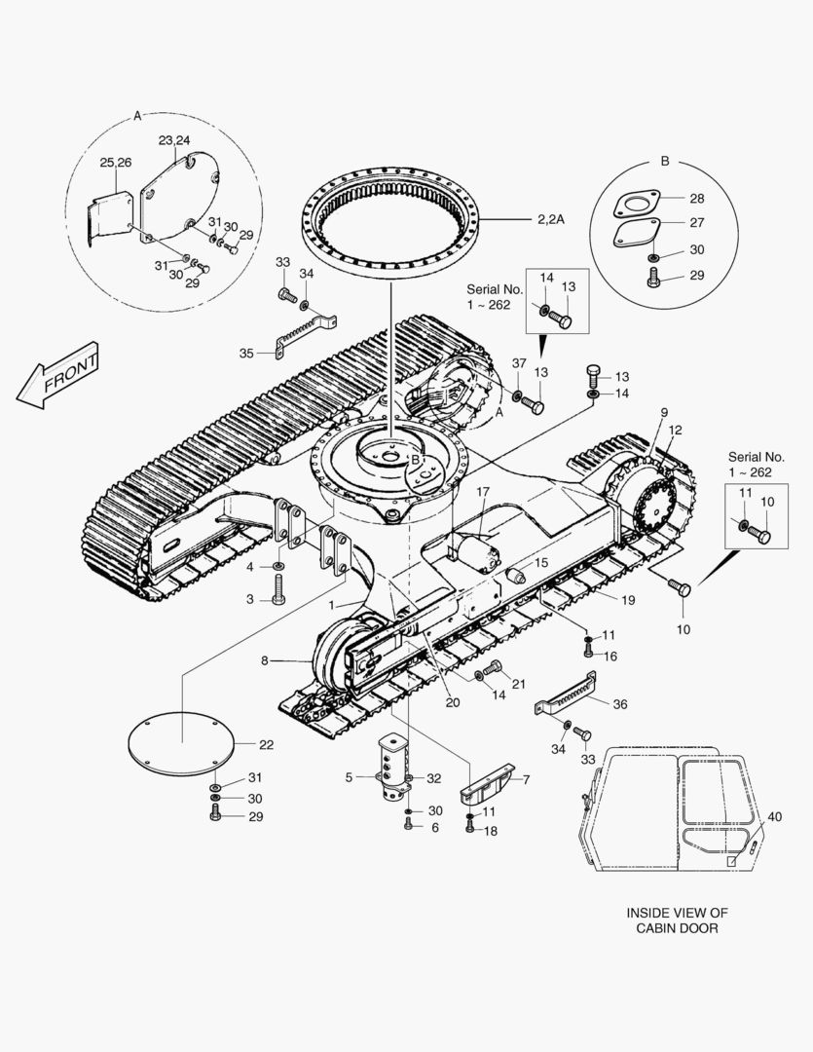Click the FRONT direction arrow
[58, 375]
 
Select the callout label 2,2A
[551, 219]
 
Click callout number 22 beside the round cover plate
[267, 745]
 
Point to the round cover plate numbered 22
[181, 743]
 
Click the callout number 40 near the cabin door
[774, 816]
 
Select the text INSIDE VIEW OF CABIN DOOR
[677, 920]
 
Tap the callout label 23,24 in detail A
[174, 140]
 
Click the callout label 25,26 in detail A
[115, 163]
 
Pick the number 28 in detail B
[697, 198]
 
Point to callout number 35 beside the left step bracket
[246, 353]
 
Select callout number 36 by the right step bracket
[620, 704]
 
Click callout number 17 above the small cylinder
[483, 492]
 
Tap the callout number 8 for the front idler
[265, 660]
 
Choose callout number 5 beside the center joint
[349, 777]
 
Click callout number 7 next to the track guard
[527, 779]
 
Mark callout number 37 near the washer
[519, 363]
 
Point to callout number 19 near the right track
[628, 600]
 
